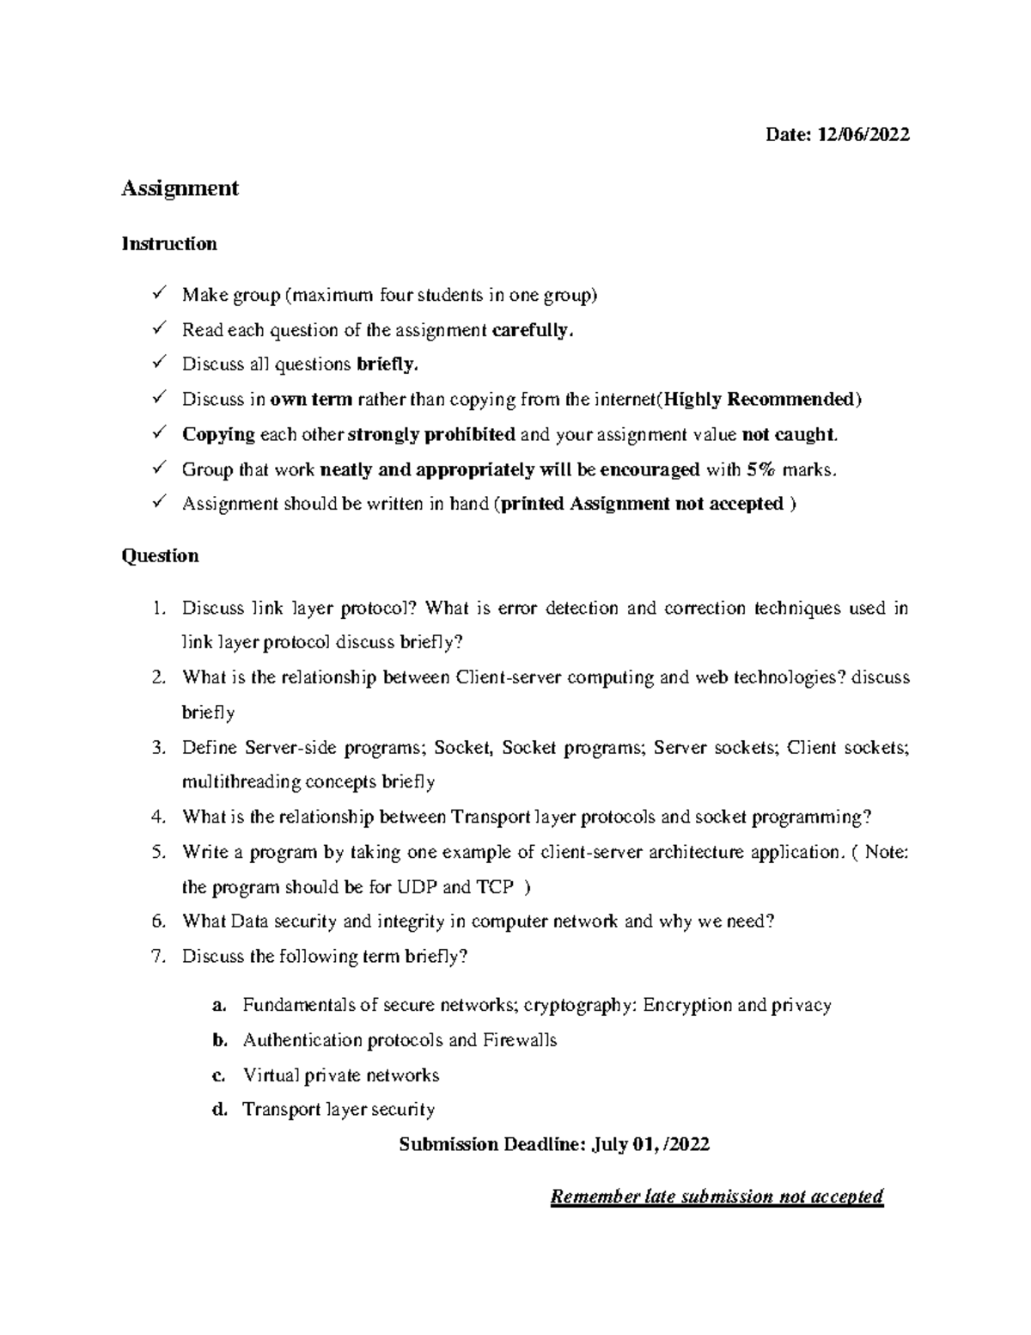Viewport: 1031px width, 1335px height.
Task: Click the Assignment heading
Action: coord(180,187)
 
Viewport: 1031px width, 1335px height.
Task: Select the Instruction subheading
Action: coord(168,244)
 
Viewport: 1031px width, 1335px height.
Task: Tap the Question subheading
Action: coord(160,556)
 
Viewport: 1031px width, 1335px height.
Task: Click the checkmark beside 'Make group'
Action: coord(158,295)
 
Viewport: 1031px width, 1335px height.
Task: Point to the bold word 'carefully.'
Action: coord(532,330)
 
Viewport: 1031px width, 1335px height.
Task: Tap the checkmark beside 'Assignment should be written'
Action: coord(158,504)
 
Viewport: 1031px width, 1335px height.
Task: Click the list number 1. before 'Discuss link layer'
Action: coord(157,609)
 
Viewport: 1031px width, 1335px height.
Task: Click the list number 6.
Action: coord(157,922)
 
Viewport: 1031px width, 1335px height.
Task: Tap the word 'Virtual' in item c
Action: coord(271,1075)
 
